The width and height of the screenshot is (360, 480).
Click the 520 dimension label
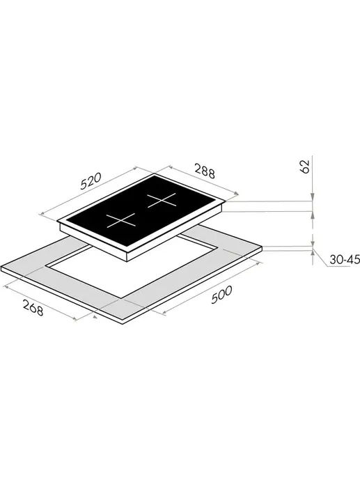(91, 181)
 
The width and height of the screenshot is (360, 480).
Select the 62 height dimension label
(306, 167)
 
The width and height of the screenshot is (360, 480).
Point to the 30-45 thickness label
(345, 260)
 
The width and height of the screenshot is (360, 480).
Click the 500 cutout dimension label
(221, 295)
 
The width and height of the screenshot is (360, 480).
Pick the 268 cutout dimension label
(33, 307)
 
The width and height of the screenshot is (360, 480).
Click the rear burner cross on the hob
(162, 201)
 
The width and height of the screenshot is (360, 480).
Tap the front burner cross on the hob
(121, 220)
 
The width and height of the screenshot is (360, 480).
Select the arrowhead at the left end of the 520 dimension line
(42, 213)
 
